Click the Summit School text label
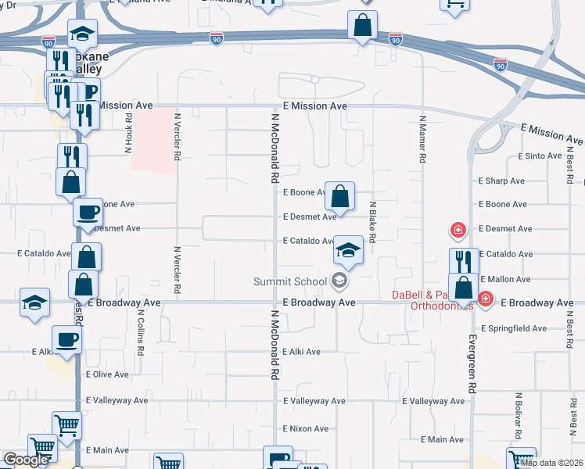tap(291, 281)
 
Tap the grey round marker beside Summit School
tap(339, 280)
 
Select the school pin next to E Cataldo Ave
tap(349, 251)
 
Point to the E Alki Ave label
tap(302, 352)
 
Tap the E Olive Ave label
tap(107, 374)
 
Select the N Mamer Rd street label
tap(422, 139)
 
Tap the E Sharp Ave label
tap(502, 181)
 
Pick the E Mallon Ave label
tap(505, 279)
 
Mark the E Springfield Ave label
tap(514, 328)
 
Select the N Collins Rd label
tap(140, 333)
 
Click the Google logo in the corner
tap(27, 460)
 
